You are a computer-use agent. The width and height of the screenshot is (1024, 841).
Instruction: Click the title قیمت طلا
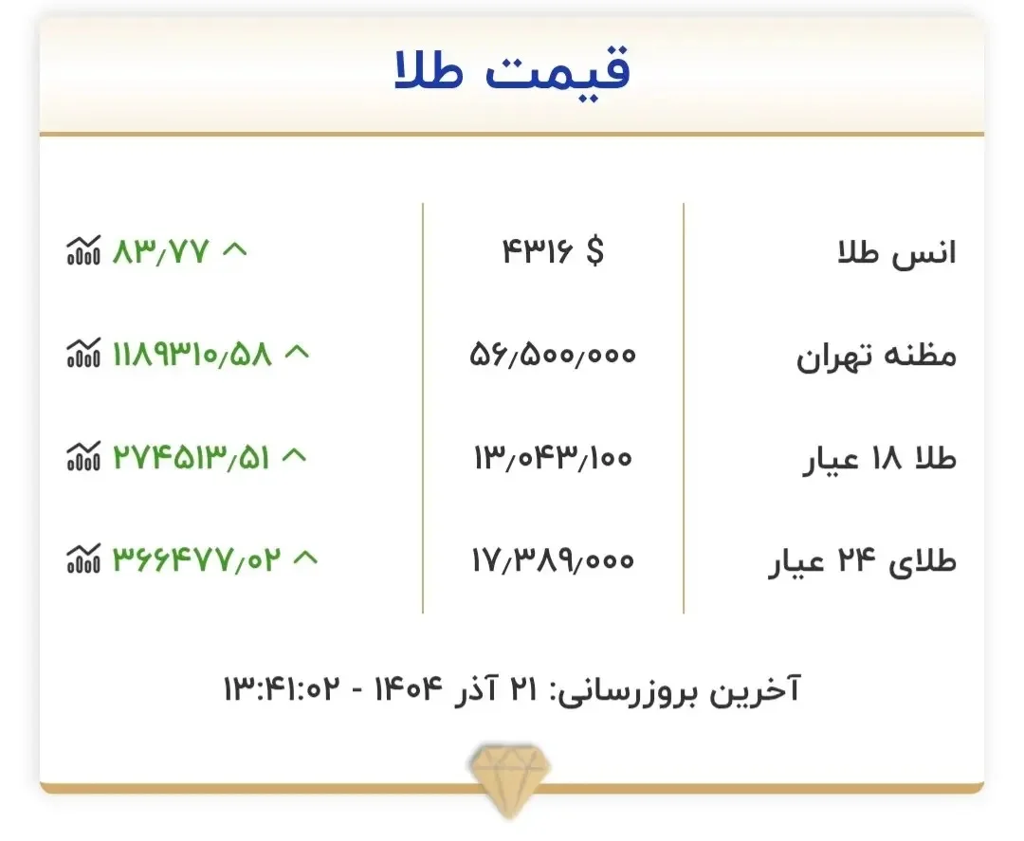[x=512, y=72]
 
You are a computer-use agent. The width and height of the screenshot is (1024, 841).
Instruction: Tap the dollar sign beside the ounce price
[x=594, y=252]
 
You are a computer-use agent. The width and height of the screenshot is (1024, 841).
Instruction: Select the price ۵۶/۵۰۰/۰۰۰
[x=553, y=355]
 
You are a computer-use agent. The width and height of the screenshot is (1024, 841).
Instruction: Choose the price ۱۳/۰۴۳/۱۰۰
[x=552, y=458]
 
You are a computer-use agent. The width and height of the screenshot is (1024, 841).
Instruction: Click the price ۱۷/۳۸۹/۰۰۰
[x=552, y=561]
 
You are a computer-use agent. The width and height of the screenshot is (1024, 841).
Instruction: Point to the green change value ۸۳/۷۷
[x=159, y=252]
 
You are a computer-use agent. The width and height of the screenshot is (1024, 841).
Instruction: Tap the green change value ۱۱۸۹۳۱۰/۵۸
[x=192, y=355]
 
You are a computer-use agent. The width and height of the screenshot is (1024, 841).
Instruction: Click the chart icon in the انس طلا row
[x=82, y=252]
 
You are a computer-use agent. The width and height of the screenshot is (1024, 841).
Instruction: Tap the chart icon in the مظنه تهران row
[x=82, y=355]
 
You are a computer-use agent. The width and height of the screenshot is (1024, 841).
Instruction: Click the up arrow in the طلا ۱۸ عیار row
[x=295, y=456]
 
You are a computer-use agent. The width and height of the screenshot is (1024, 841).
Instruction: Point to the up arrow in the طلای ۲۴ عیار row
[x=305, y=558]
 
